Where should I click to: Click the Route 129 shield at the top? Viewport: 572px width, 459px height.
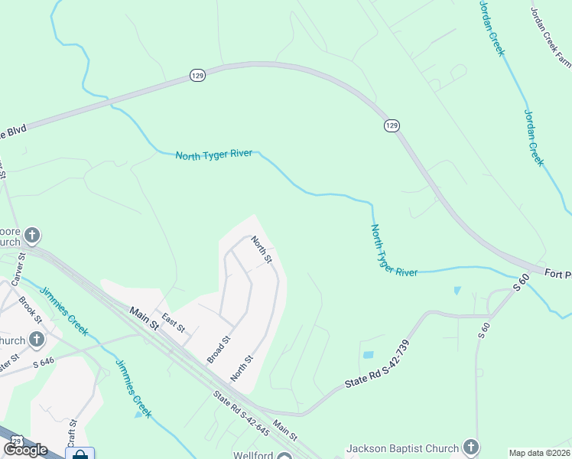(x=197, y=76)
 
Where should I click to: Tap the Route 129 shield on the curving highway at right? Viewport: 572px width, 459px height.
(x=392, y=125)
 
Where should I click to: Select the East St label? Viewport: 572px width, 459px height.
(x=174, y=323)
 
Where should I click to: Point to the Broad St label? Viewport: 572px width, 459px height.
(x=219, y=349)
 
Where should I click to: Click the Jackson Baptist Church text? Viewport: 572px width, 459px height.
(x=403, y=448)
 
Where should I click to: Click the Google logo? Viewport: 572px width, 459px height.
(x=25, y=450)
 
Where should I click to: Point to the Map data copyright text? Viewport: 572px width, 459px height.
(x=540, y=453)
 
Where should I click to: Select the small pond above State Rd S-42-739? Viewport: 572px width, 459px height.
(x=368, y=355)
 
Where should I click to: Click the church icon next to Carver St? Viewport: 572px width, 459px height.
(x=32, y=234)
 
